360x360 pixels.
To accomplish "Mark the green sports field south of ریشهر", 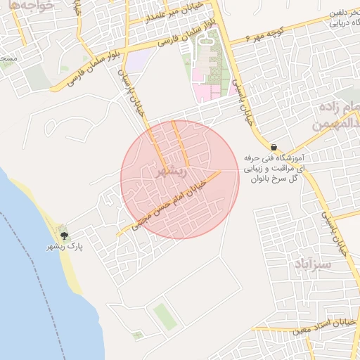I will click(164, 316).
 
